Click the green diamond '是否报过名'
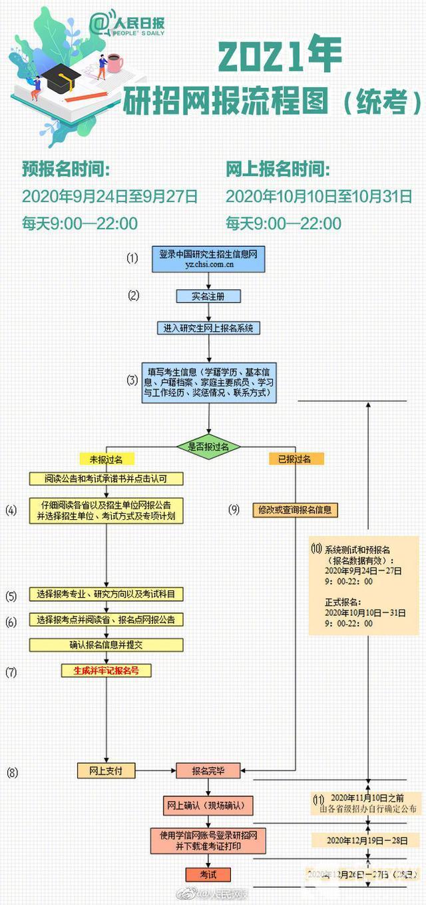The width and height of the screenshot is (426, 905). coord(209,447)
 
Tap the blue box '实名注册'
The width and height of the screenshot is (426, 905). coord(209,295)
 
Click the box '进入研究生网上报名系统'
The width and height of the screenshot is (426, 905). coord(209,328)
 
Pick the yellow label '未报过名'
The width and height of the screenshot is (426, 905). coord(106,459)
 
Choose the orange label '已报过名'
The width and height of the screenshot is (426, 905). coord(296,459)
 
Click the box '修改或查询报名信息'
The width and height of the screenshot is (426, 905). coord(295,510)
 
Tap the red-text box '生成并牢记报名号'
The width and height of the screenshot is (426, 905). coord(106,670)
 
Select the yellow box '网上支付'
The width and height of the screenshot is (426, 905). coord(106,770)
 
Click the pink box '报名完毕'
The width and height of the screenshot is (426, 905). coord(208,771)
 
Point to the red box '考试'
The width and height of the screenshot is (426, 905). coord(208,874)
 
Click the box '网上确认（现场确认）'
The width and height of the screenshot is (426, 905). coord(208,805)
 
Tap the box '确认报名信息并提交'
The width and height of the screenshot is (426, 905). coord(106,644)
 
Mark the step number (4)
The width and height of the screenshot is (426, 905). coord(11,510)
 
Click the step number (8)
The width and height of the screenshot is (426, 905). coord(12,772)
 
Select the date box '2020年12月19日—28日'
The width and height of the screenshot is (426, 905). coord(367,840)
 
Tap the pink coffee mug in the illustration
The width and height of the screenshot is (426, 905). coord(114,63)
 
